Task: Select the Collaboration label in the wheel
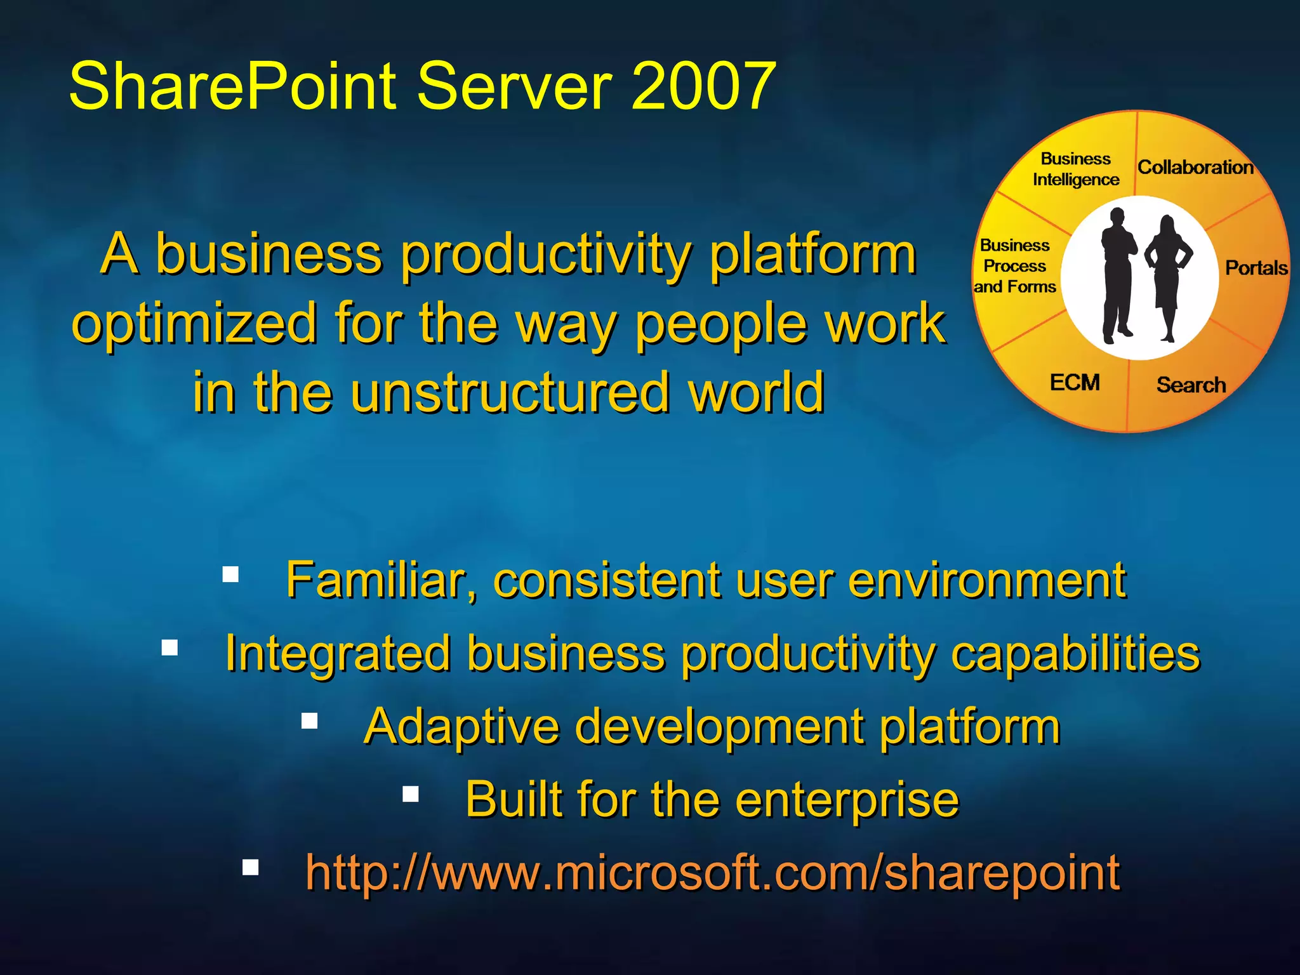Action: tap(1195, 168)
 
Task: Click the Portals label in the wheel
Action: tap(1256, 268)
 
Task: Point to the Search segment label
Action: tap(1191, 385)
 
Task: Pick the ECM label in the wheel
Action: tap(1075, 383)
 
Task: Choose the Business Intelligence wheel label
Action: tap(1075, 169)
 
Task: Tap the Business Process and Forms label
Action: tap(1014, 266)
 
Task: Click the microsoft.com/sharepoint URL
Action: tap(712, 872)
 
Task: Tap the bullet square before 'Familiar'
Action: tap(230, 574)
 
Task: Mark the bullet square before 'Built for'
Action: tap(411, 794)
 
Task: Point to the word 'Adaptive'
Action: tap(461, 727)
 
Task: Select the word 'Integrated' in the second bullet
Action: tap(337, 653)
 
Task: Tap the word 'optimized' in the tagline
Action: tap(194, 322)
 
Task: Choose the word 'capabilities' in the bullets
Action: tap(1075, 653)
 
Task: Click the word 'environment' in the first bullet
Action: tap(986, 580)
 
